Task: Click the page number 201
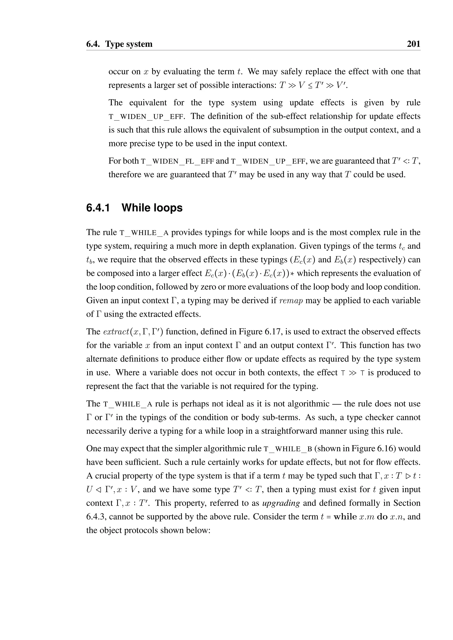(x=413, y=44)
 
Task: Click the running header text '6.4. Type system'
(x=119, y=44)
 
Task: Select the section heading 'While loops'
(x=152, y=208)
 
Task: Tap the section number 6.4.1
(x=98, y=208)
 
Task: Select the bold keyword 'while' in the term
(x=345, y=517)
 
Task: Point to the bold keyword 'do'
(x=382, y=517)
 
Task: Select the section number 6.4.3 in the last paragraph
(x=96, y=517)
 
